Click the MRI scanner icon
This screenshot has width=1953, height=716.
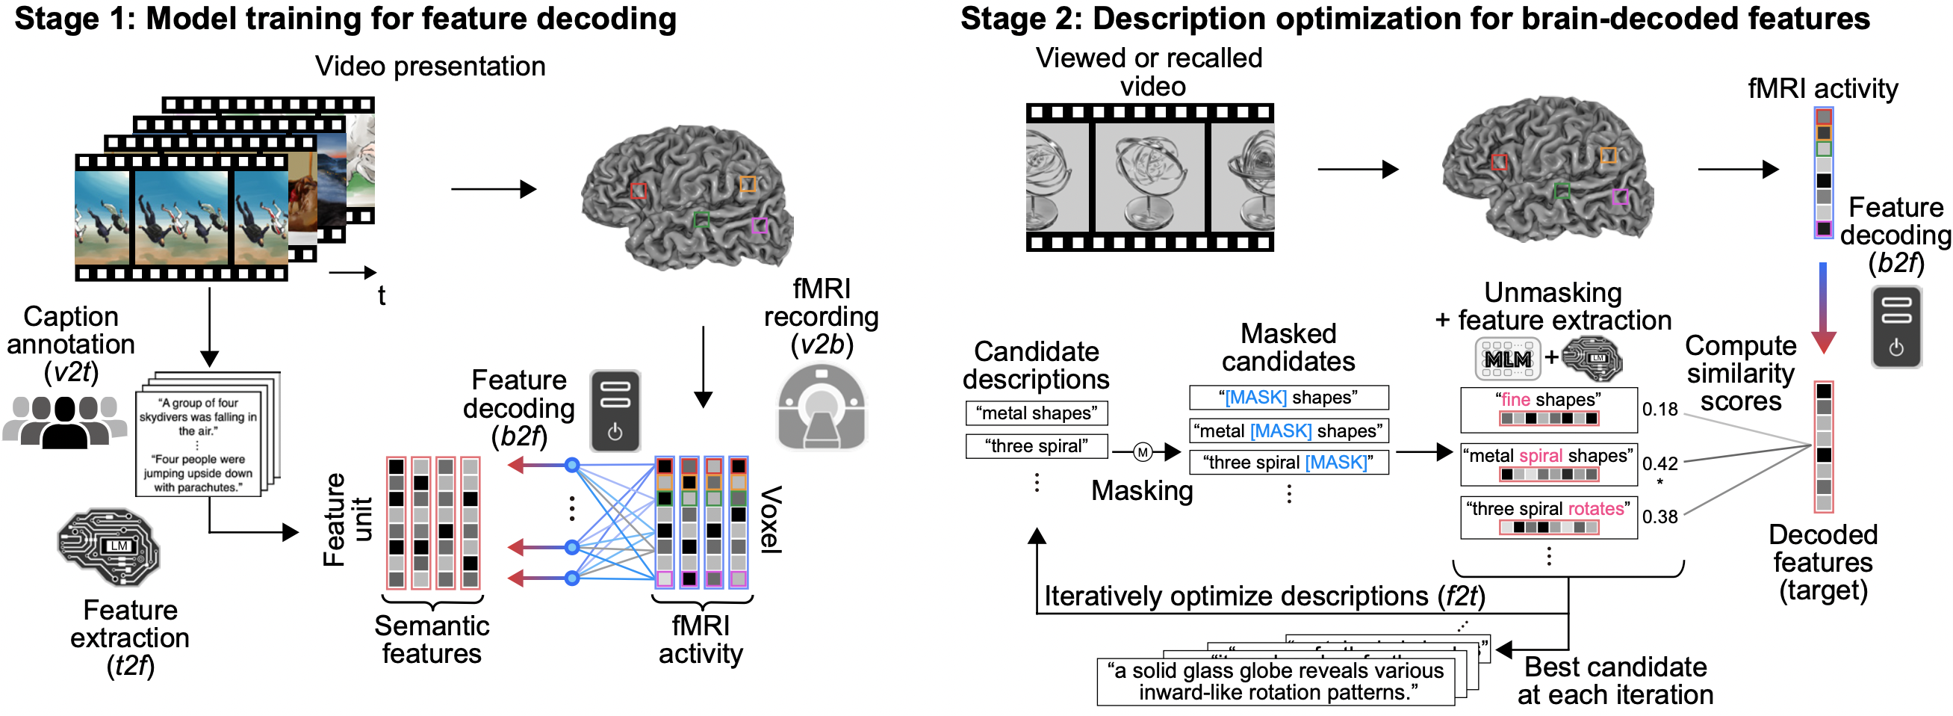[x=822, y=407]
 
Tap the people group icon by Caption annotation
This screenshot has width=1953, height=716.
[x=64, y=422]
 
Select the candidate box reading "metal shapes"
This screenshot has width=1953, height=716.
[x=1037, y=413]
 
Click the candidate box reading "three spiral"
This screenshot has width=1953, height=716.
[x=1037, y=446]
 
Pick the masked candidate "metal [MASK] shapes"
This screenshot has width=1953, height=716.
[x=1288, y=430]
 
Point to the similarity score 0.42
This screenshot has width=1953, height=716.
[x=1659, y=463]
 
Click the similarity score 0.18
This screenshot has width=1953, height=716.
[x=1659, y=410]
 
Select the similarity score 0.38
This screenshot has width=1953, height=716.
[x=1659, y=517]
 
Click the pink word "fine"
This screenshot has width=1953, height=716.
[x=1515, y=400]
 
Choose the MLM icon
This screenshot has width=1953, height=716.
[x=1507, y=359]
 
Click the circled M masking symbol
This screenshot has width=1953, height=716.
[x=1143, y=453]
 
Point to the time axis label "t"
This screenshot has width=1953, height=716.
[x=382, y=296]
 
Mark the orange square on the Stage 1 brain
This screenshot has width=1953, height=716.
[x=748, y=184]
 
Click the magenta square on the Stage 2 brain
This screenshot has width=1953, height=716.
[x=1619, y=197]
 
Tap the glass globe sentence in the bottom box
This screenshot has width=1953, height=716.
[x=1276, y=681]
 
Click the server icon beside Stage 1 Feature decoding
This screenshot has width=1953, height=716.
[x=615, y=410]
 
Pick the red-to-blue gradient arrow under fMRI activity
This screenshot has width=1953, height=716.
[x=1822, y=307]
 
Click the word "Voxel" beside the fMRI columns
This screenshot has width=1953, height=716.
[x=771, y=519]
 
